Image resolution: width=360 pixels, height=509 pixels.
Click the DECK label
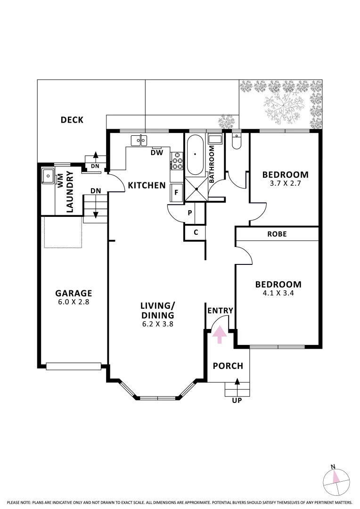(x=72, y=120)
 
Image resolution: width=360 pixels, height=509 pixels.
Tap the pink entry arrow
(x=220, y=335)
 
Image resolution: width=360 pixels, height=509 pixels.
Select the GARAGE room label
(x=74, y=293)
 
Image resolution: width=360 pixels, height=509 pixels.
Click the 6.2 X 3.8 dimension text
(x=158, y=324)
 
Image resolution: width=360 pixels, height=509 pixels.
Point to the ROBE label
(x=277, y=234)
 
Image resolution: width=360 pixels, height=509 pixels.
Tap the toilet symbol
(x=237, y=141)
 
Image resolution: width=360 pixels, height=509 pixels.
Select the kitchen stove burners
(x=177, y=161)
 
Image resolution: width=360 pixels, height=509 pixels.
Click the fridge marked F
(x=177, y=192)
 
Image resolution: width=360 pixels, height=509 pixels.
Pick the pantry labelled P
(x=189, y=213)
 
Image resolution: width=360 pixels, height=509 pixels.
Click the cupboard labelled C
(x=195, y=232)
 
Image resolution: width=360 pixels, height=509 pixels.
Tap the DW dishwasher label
(x=157, y=153)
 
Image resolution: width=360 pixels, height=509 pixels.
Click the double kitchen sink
(x=139, y=141)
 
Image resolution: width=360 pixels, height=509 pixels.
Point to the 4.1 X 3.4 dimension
(x=278, y=293)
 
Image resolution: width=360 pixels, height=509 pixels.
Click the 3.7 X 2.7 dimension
(x=286, y=183)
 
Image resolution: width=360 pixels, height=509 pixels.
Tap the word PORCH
(x=228, y=366)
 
